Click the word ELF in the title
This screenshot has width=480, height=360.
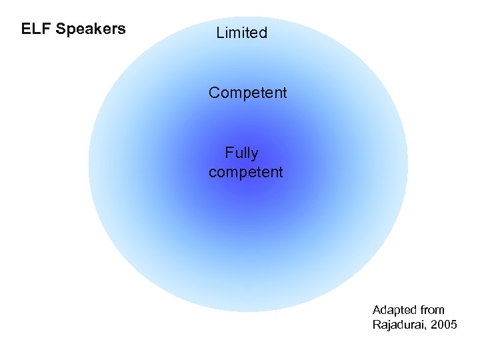[36, 29]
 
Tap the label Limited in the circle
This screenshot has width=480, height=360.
[241, 33]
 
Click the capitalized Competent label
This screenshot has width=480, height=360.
[247, 93]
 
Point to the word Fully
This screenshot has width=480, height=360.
[241, 154]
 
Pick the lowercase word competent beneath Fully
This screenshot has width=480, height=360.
[245, 172]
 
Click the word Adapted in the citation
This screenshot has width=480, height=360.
[394, 310]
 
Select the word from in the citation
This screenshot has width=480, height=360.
[433, 310]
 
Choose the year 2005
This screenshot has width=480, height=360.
[444, 325]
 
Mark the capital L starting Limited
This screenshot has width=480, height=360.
[220, 33]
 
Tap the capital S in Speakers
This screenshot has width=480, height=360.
[61, 29]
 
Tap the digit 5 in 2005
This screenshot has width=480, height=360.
[454, 325]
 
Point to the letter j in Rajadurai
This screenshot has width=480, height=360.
[389, 326]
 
